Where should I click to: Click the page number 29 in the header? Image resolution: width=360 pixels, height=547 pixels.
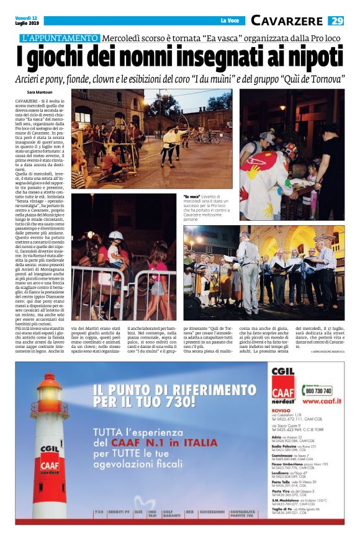[336, 20]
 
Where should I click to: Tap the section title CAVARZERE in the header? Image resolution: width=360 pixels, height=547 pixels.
[286, 20]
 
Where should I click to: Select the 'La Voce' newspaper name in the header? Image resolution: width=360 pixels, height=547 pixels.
[230, 21]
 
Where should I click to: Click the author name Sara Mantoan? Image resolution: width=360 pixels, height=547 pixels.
[40, 92]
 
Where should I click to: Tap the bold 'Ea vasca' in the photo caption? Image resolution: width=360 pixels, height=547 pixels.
[192, 197]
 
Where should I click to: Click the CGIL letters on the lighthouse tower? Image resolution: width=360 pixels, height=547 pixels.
[50, 447]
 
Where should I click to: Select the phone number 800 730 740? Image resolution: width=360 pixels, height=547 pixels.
[317, 391]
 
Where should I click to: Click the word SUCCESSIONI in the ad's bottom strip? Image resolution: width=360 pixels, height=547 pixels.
[212, 512]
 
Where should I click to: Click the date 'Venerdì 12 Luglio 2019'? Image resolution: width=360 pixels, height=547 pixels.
[27, 20]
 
